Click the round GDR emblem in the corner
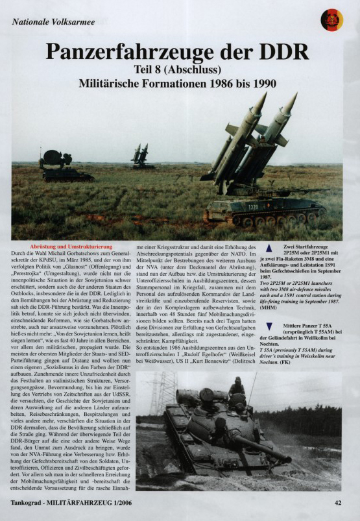(x=331, y=20)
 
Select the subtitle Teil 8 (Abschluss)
(x=180, y=70)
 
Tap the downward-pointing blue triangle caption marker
(x=269, y=324)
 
